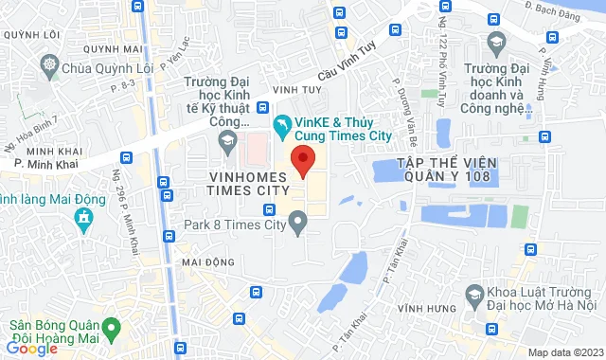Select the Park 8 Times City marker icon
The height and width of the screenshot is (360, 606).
299,225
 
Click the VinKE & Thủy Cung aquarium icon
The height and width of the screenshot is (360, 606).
280,123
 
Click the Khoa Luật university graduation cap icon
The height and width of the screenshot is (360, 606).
471,297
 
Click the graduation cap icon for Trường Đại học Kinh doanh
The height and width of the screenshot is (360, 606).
494,42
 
